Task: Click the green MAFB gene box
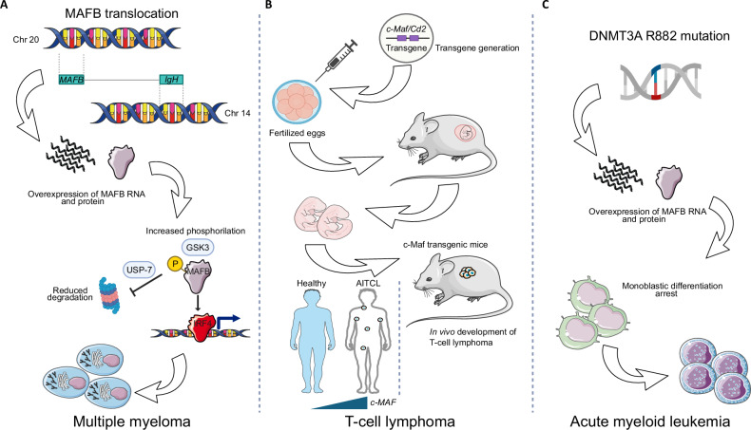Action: [x=71, y=80]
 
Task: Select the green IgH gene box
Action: [x=171, y=80]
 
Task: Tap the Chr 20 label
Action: [x=26, y=39]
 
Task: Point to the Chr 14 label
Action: [x=238, y=113]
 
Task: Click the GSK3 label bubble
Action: [x=198, y=248]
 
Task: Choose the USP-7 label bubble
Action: [x=140, y=271]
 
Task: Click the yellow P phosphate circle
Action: [x=174, y=263]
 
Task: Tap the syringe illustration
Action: [x=337, y=61]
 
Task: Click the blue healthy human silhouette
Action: [x=311, y=343]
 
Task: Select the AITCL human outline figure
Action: [x=367, y=343]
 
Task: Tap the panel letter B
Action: [x=268, y=5]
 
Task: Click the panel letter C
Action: [x=546, y=5]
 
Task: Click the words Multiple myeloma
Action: [x=132, y=421]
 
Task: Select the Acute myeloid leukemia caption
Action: [x=650, y=421]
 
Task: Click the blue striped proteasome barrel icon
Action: [x=110, y=295]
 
